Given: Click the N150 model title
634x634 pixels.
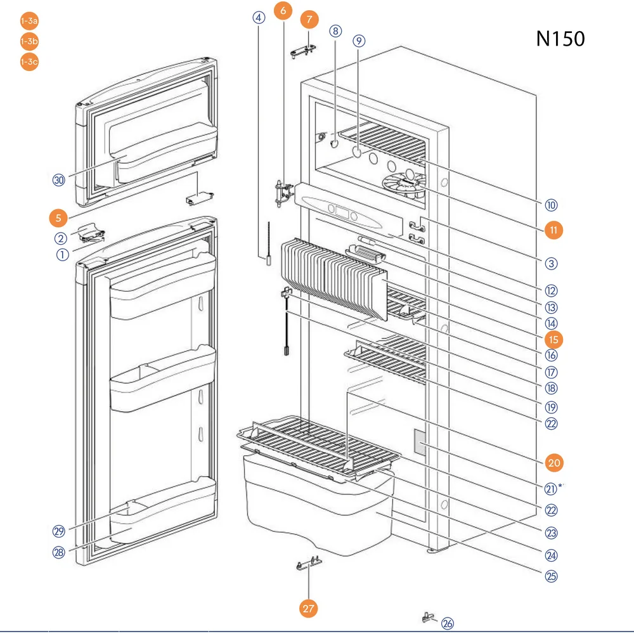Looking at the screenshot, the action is click(560, 39).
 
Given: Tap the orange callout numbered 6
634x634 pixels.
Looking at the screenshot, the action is click(283, 11).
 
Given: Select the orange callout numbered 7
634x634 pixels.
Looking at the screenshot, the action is click(309, 20).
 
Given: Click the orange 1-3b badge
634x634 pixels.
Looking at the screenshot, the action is click(30, 41).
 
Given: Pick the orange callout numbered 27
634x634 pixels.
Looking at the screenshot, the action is click(309, 609).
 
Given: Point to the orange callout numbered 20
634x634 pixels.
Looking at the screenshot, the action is click(554, 463).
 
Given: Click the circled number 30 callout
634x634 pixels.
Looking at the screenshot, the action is click(59, 180).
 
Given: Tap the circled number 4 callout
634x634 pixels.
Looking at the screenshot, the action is click(259, 17).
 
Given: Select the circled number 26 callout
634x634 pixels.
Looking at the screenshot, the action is click(448, 623).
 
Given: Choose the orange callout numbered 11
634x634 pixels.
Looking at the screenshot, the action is click(553, 230).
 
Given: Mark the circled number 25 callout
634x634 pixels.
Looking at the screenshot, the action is click(552, 576).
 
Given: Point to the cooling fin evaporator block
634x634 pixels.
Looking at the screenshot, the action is click(334, 278).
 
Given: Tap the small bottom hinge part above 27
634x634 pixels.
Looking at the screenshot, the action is click(309, 563).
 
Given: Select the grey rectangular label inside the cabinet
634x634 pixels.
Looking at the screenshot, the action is click(420, 442).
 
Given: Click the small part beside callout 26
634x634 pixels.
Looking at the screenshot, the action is click(428, 617).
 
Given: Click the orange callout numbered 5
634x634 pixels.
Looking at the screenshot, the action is click(58, 218).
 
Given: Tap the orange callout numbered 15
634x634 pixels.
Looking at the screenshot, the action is click(553, 340).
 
